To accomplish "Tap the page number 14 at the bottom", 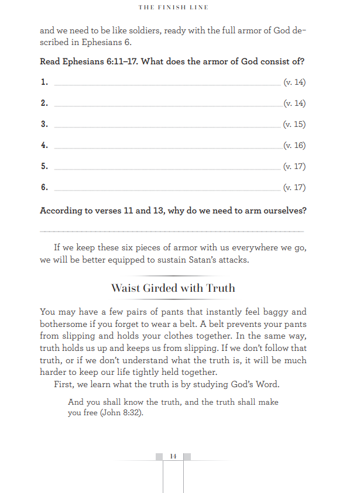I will [x=173, y=456].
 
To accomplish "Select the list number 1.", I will [x=44, y=82].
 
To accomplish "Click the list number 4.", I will [x=44, y=146].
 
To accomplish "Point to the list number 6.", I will [x=44, y=188].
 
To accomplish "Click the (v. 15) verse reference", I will [x=294, y=125].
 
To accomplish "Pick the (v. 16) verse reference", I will [x=294, y=146].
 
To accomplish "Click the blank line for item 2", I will [x=167, y=106].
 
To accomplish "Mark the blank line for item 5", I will [x=167, y=170].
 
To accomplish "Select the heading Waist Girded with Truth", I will [x=173, y=288].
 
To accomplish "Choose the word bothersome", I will [x=64, y=324].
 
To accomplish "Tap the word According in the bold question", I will [x=63, y=211].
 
